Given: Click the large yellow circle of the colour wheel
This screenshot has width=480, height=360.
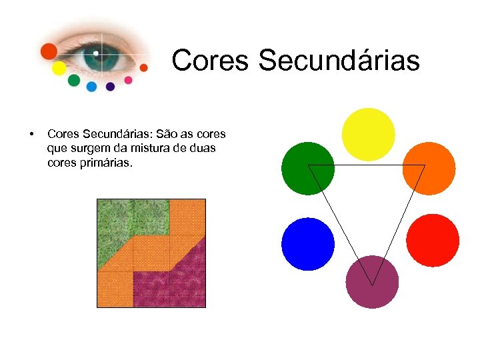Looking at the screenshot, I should (x=368, y=134).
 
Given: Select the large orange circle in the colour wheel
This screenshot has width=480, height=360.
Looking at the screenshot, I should (x=429, y=168).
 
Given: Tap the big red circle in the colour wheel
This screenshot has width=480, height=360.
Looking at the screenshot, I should (x=433, y=240).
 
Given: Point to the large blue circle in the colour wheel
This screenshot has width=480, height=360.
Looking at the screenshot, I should (x=308, y=244).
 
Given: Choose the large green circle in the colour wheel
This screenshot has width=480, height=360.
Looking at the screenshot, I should (x=307, y=168).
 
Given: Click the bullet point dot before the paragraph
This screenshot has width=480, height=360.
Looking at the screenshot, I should (x=31, y=135).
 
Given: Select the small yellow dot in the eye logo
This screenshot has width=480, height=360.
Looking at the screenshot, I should (x=59, y=68).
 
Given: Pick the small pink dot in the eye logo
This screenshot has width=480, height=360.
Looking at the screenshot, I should (x=128, y=80).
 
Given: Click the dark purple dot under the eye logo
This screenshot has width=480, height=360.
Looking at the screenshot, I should (x=110, y=86).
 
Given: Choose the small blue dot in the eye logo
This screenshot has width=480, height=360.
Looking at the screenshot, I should (x=91, y=86).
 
